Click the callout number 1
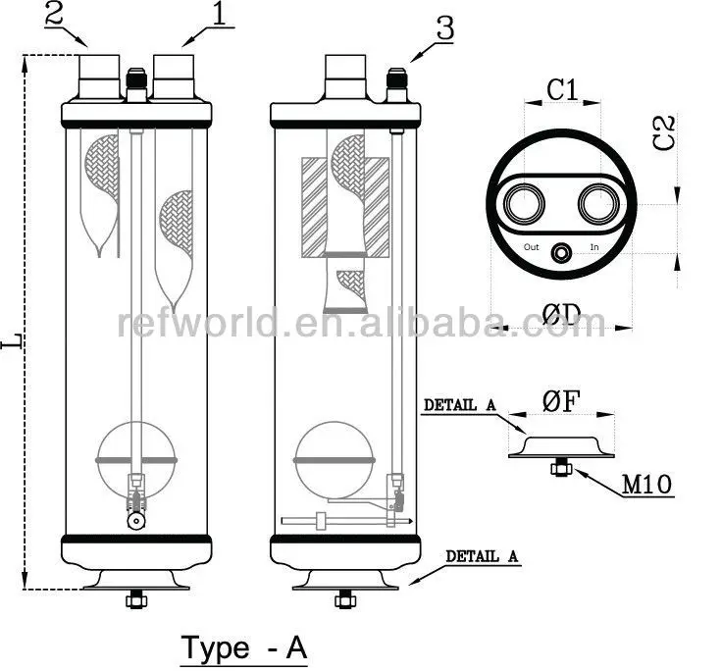point(219,14)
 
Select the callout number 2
point(54,14)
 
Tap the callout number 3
point(444,28)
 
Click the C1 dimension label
point(562,89)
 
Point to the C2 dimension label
point(664,132)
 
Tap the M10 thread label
point(646,484)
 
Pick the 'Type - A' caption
point(243,647)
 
